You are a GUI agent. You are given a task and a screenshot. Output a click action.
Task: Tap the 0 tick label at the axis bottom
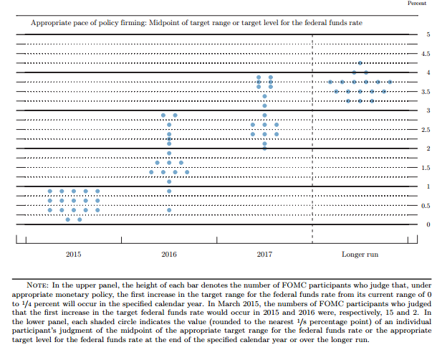428,224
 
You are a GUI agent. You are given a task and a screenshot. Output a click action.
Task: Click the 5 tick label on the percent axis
428,34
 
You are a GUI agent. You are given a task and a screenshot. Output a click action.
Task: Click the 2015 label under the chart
74,254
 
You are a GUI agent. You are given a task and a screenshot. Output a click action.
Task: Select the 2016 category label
169,254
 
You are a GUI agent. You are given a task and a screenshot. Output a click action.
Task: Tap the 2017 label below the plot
264,254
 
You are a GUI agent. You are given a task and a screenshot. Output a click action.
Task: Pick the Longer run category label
360,254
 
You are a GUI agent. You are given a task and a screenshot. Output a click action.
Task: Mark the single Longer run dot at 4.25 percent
360,63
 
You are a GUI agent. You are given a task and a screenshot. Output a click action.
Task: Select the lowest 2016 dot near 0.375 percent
169,210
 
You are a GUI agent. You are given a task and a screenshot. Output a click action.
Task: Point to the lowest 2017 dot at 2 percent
264,148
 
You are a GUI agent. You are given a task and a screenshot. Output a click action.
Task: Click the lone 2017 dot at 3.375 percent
264,96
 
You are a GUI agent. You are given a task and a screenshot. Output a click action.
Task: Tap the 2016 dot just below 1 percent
169,191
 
